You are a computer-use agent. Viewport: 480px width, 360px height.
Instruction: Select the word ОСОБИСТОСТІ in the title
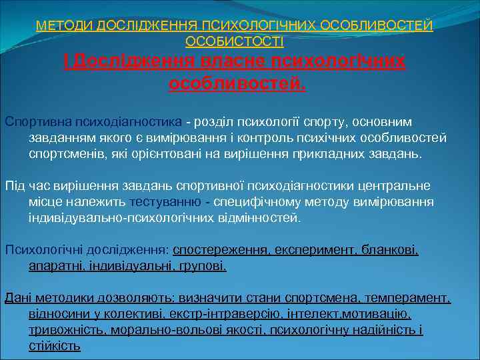click(234, 42)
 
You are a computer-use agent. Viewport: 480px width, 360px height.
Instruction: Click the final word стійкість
click(55, 346)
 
